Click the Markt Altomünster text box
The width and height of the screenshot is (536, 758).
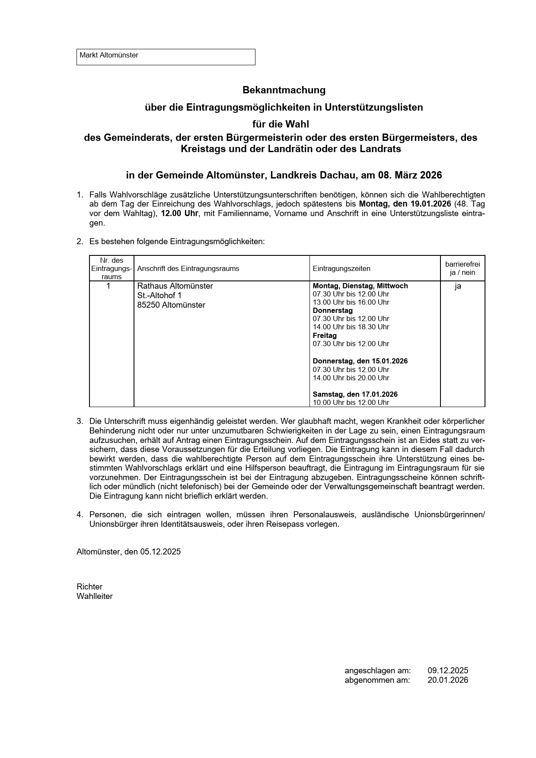click(166, 57)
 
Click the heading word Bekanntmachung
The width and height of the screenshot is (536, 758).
click(284, 90)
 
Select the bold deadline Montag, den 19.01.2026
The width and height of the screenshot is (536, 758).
click(405, 204)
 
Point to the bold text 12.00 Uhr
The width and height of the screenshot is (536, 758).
click(179, 213)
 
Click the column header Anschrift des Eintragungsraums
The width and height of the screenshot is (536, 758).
click(188, 268)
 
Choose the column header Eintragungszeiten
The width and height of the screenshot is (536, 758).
click(341, 268)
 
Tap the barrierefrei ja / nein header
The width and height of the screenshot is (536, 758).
click(462, 268)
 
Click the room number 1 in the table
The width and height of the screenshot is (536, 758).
click(108, 286)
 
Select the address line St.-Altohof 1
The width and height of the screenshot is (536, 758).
click(159, 296)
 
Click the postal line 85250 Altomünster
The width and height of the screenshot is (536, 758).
click(171, 305)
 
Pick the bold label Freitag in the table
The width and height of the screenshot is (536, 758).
click(325, 335)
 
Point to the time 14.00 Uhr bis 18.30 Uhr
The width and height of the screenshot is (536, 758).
click(351, 327)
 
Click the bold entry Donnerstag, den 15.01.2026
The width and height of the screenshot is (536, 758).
click(360, 361)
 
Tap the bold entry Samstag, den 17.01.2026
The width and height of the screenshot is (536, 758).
click(355, 394)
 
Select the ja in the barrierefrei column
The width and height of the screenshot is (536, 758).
click(458, 286)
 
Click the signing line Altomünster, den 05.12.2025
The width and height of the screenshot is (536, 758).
click(128, 552)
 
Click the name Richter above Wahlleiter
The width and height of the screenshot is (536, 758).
click(89, 586)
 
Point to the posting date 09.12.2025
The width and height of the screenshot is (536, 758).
click(448, 671)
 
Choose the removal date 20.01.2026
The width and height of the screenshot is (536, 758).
click(448, 680)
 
